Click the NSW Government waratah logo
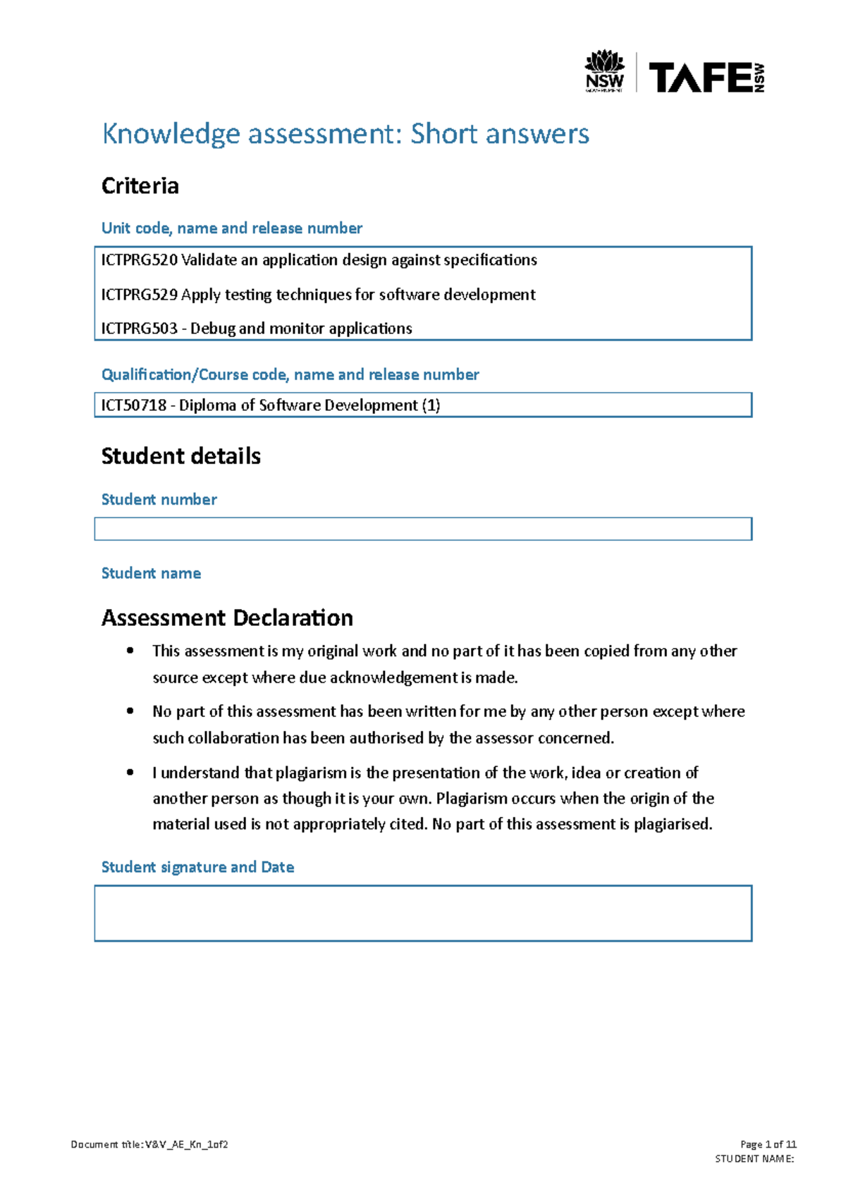pos(604,70)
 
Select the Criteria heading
pos(140,186)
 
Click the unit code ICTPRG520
pos(139,260)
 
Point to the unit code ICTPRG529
pos(139,295)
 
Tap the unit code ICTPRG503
pos(139,329)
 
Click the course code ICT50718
pos(134,405)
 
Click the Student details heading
pos(180,456)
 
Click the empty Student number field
pos(423,529)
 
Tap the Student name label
pos(151,573)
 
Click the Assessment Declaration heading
pos(227,618)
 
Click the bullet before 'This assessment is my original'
pos(130,651)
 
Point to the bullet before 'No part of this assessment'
pos(130,711)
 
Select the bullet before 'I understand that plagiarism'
pos(130,773)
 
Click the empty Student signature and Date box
pos(423,913)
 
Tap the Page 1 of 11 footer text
pos(768,1144)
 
